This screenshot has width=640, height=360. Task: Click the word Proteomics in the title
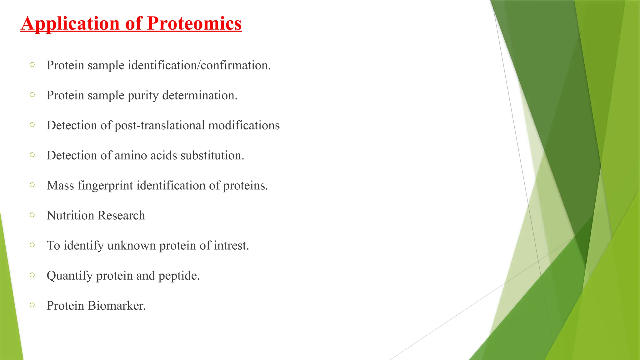tap(194, 23)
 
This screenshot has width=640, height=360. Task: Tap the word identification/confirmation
tap(199, 65)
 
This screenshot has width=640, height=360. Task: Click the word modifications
tap(244, 125)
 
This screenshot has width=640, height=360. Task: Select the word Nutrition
tap(70, 215)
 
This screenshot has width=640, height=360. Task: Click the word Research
tap(121, 215)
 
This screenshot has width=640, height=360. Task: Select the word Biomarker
tap(116, 306)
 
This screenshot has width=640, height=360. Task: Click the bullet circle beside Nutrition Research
tap(32, 215)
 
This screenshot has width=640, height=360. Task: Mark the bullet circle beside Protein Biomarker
tap(32, 305)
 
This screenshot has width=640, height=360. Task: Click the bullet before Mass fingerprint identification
tap(32, 185)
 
